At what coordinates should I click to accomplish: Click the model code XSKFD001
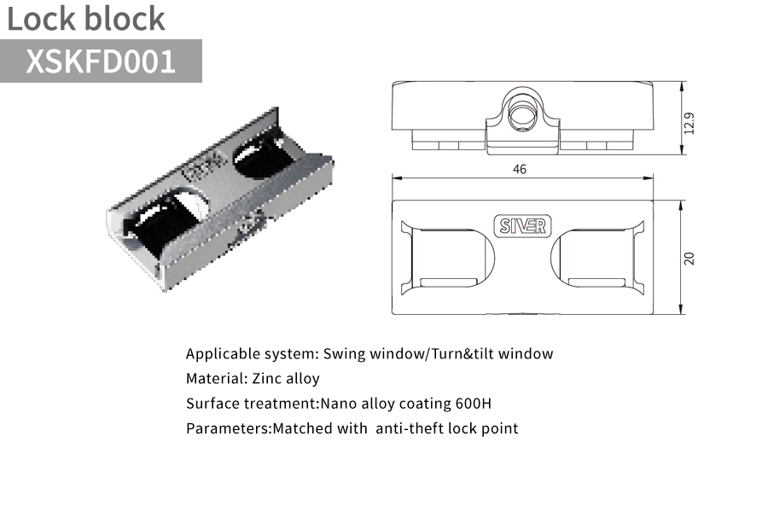pyautogui.click(x=101, y=61)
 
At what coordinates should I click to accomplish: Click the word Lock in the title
pyautogui.click(x=42, y=19)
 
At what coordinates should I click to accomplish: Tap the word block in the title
pyautogui.click(x=125, y=19)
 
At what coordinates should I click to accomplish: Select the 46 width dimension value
pyautogui.click(x=519, y=169)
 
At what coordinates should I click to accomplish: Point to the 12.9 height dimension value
pyautogui.click(x=689, y=123)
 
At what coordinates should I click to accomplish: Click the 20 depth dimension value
pyautogui.click(x=689, y=259)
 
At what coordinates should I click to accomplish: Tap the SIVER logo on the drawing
pyautogui.click(x=522, y=226)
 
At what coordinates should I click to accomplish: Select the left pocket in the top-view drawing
pyautogui.click(x=448, y=258)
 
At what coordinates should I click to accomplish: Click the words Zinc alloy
pyautogui.click(x=286, y=379)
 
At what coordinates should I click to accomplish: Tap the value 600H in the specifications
pyautogui.click(x=473, y=404)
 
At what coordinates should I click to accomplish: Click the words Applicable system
pyautogui.click(x=252, y=354)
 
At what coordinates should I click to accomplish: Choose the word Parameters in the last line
pyautogui.click(x=228, y=428)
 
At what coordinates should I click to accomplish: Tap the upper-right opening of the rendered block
pyautogui.click(x=262, y=157)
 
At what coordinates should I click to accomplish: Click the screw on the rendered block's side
pyautogui.click(x=250, y=220)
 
